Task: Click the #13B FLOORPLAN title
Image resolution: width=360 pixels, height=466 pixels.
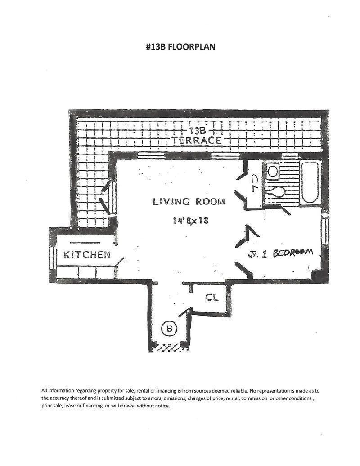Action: click(x=180, y=46)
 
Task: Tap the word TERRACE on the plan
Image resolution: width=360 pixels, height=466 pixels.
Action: click(x=197, y=140)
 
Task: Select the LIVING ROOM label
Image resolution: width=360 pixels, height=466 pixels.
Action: click(x=189, y=202)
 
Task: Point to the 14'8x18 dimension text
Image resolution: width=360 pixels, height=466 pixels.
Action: click(x=190, y=221)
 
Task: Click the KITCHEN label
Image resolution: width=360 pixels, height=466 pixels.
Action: click(x=87, y=255)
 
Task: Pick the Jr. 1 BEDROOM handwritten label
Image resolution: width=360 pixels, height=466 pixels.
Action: click(x=280, y=253)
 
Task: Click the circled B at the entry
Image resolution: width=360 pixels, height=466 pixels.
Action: click(x=169, y=329)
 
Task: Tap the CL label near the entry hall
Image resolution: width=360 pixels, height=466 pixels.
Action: click(x=212, y=298)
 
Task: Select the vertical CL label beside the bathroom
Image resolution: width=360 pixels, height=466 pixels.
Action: click(x=254, y=183)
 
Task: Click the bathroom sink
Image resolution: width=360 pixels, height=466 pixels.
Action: click(x=273, y=171)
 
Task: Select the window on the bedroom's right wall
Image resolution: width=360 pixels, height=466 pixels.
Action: click(x=324, y=231)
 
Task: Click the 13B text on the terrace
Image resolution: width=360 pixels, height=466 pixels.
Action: click(x=197, y=131)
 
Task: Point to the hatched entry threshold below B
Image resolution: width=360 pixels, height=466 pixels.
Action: click(x=169, y=348)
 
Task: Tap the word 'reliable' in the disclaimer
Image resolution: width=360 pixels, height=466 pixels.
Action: click(x=234, y=391)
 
